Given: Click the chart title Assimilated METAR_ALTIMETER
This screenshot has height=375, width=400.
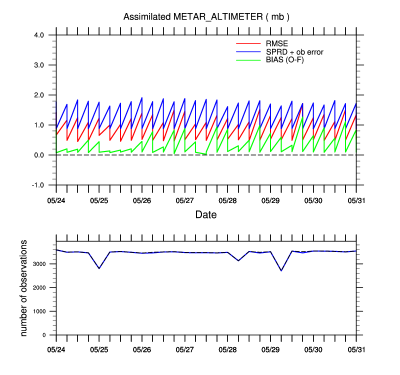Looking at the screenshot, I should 206,17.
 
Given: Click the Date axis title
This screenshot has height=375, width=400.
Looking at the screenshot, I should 206,215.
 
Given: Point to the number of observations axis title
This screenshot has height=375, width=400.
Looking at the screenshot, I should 24,287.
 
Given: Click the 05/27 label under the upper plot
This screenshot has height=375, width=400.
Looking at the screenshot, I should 185,200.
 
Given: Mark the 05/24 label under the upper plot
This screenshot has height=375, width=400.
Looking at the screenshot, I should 56,200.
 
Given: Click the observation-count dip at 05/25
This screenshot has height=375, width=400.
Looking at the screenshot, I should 99,268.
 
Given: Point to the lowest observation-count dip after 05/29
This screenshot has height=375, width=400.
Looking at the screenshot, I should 281,270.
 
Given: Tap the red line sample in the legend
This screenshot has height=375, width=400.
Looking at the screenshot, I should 245,43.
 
